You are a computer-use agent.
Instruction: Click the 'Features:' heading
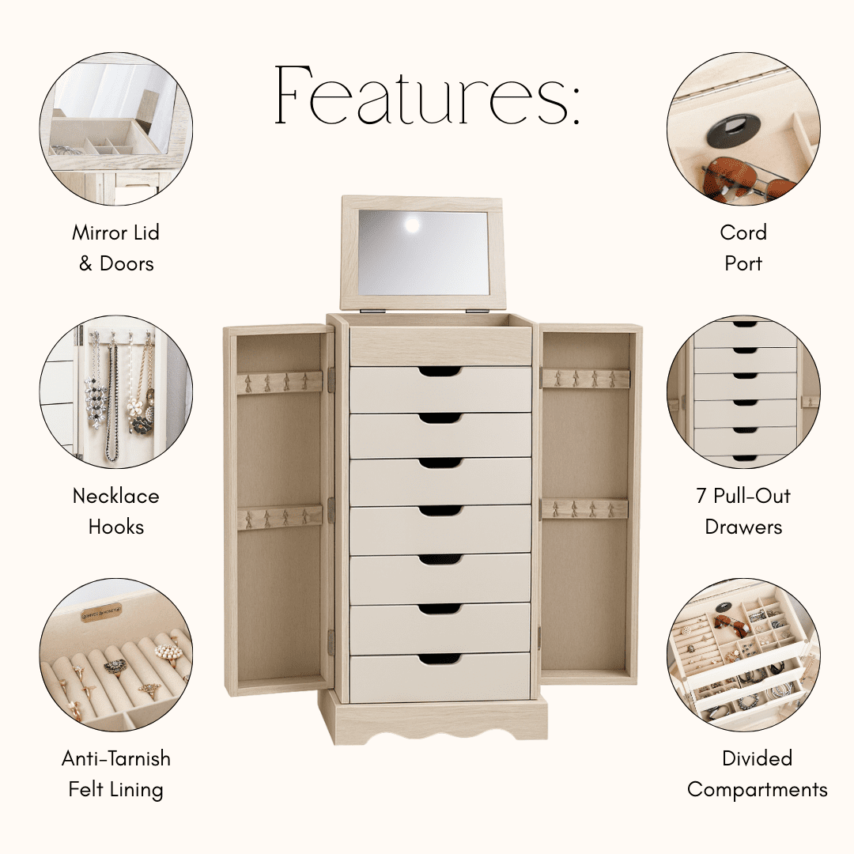pos(427,96)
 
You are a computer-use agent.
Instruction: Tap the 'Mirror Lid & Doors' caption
pos(116,248)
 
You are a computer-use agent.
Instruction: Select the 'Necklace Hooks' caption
pos(116,512)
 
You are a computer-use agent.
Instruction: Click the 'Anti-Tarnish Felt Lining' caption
pos(116,774)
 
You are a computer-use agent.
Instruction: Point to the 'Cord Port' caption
pos(743,248)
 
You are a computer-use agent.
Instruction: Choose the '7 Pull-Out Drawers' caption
pos(743,512)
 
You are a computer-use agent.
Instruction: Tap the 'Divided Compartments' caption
pos(757,774)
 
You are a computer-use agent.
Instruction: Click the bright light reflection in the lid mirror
pos(412,225)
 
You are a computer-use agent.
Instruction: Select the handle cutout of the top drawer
pos(440,372)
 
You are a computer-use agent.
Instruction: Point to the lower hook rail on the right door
pos(584,508)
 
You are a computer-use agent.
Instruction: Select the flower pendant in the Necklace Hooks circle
pos(134,405)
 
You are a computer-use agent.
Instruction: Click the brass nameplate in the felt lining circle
pos(100,613)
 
